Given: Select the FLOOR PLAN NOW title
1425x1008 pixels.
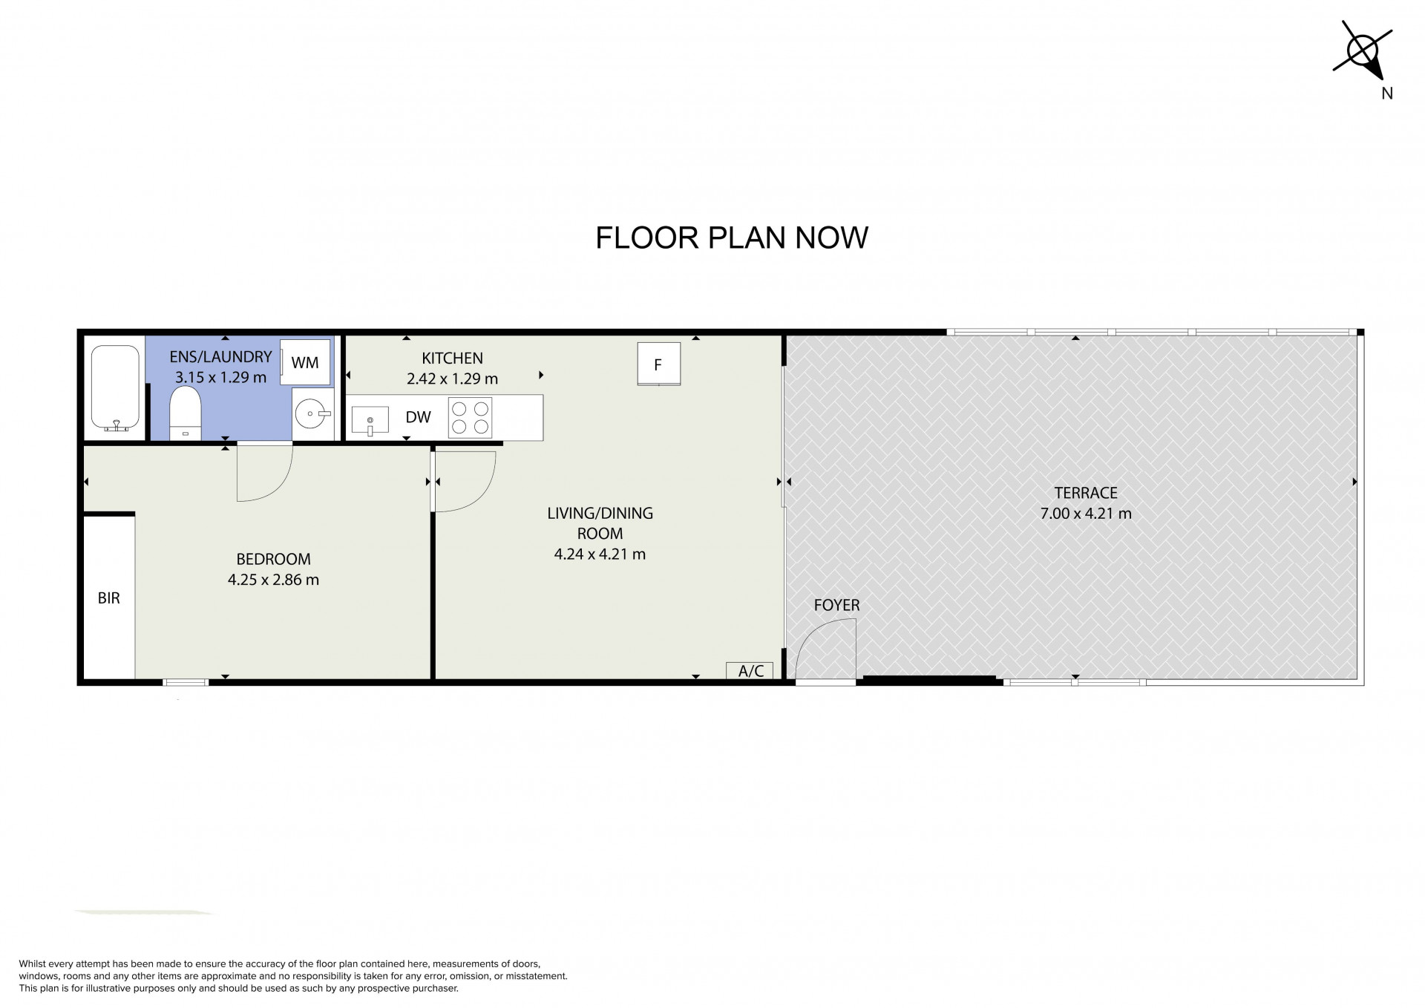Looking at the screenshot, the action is [x=732, y=238].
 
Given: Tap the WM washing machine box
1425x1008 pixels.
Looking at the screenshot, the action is [x=305, y=362].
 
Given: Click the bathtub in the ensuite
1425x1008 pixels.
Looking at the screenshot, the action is [x=115, y=388].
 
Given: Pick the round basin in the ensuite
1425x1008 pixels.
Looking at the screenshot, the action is [x=312, y=413].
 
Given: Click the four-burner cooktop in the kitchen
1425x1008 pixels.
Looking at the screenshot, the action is [x=471, y=417].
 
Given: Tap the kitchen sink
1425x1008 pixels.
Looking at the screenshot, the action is [x=370, y=420].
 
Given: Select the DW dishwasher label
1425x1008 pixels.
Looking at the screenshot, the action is [x=419, y=417].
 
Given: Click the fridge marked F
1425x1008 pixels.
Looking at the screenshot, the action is [x=658, y=364].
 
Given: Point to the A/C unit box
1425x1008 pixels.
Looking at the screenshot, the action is [x=750, y=670].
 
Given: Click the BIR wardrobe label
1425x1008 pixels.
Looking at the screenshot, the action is [x=108, y=598].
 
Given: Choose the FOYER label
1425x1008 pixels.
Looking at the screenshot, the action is [x=836, y=605].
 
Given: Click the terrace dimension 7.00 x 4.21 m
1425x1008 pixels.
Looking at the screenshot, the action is [x=1086, y=513].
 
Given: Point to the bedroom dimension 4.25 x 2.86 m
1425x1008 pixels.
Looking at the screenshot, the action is [x=273, y=580].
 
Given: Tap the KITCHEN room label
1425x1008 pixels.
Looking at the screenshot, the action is [x=452, y=359].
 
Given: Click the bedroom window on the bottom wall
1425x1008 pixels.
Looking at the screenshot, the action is [x=186, y=682].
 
